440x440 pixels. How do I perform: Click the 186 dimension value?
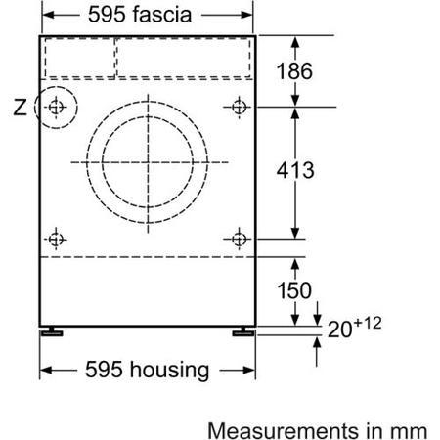(294, 71)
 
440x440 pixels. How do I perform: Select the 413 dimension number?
(295, 170)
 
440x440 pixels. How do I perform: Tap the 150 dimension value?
(294, 290)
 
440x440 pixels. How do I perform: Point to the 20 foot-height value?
(340, 330)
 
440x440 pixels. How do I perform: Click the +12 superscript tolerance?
(368, 323)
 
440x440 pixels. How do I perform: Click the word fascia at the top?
(162, 15)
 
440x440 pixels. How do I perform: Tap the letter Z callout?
(20, 107)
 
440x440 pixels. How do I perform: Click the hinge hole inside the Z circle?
(56, 107)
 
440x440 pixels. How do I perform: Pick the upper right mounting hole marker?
(239, 107)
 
